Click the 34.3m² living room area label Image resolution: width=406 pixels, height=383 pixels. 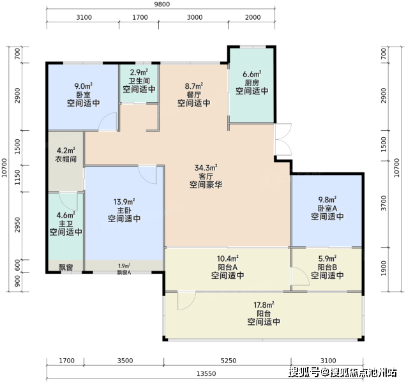[206, 168]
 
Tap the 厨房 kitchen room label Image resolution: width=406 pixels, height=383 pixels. [252, 82]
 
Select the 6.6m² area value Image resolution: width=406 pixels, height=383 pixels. [252, 74]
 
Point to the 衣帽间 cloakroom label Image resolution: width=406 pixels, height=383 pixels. [66, 159]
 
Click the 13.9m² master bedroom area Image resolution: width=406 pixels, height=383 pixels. [124, 202]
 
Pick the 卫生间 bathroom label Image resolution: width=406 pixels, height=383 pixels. [139, 81]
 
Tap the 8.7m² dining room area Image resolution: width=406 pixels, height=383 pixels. [193, 86]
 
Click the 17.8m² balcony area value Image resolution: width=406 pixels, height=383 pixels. [264, 304]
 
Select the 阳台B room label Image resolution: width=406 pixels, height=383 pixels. [327, 267]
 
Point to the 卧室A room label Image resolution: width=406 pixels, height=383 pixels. [327, 208]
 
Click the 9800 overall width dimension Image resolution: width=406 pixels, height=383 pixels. [162, 4]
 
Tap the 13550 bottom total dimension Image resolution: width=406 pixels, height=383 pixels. [206, 373]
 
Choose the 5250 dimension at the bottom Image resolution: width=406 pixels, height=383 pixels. [229, 361]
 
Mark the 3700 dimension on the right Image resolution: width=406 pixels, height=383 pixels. [384, 203]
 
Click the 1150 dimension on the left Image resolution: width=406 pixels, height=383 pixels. [17, 177]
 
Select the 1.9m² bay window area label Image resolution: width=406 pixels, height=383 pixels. [124, 266]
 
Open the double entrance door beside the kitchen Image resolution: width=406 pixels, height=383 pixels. [283, 140]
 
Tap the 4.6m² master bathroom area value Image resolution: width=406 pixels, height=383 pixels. [66, 216]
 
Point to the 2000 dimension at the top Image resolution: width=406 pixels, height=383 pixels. [253, 17]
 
